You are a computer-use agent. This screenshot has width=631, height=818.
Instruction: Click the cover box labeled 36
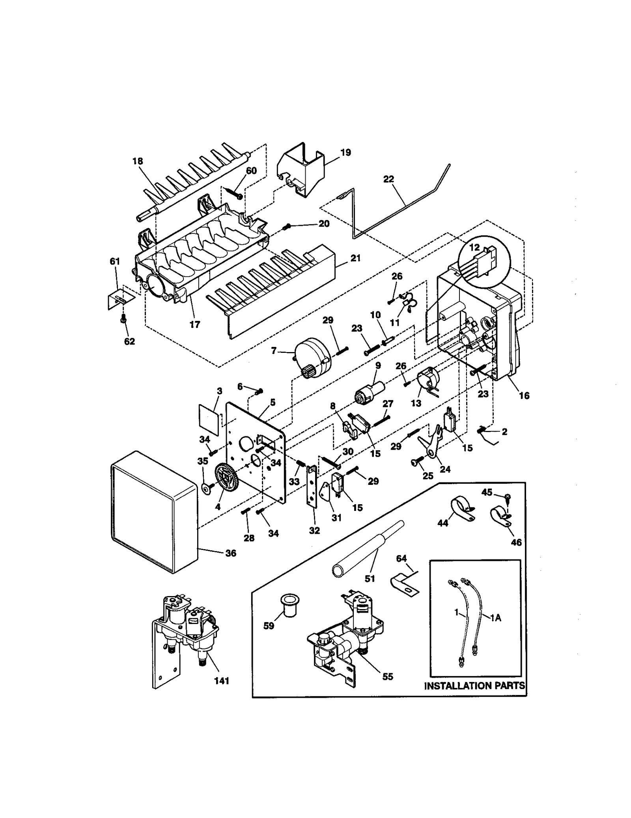(154, 512)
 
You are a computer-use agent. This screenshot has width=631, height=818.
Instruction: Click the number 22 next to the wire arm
(388, 179)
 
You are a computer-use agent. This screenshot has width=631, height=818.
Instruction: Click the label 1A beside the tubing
(496, 618)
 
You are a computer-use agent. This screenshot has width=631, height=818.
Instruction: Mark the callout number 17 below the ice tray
(195, 324)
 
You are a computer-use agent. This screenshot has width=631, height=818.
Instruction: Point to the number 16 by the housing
(524, 395)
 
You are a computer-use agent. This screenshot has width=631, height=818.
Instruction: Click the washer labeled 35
(205, 488)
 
